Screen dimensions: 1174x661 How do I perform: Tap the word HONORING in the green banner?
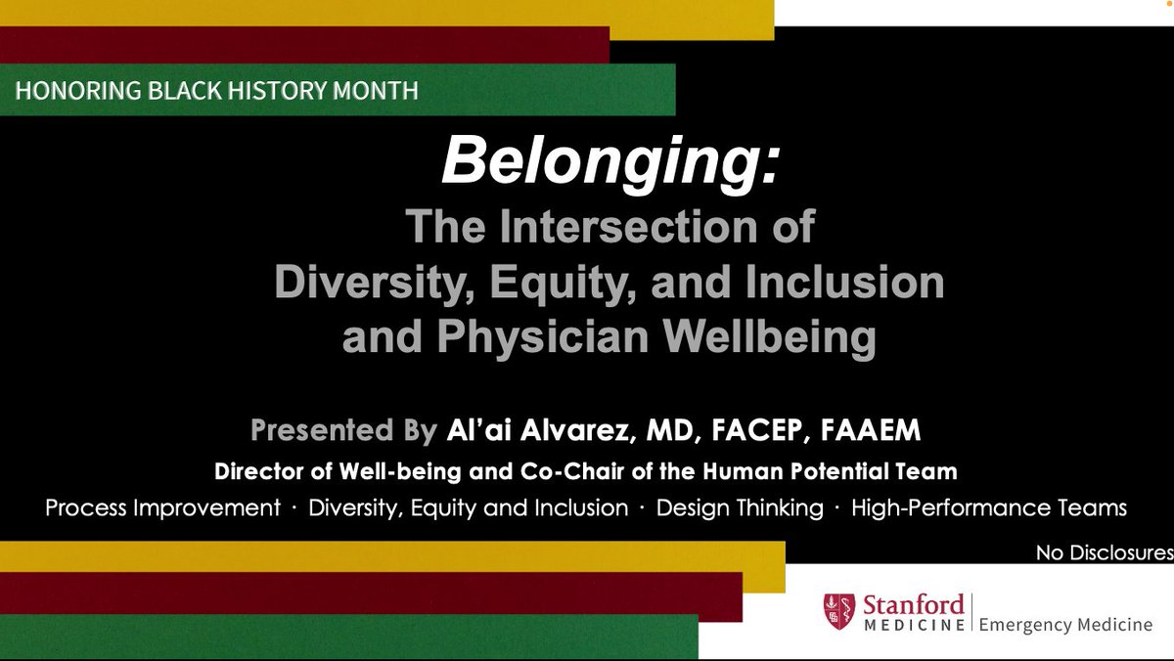click(x=78, y=91)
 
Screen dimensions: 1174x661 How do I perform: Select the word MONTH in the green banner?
click(x=376, y=91)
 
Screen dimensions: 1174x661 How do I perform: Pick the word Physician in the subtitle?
click(x=543, y=336)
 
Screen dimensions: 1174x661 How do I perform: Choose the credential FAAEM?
click(x=871, y=430)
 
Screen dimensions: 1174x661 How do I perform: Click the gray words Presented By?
click(x=343, y=430)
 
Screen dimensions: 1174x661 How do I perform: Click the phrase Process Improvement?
click(x=163, y=508)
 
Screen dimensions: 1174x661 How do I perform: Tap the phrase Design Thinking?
click(x=740, y=508)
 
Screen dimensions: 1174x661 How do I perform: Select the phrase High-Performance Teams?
click(x=988, y=508)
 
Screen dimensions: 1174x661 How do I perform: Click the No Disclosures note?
click(x=1105, y=553)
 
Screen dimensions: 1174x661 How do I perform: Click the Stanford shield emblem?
click(x=839, y=611)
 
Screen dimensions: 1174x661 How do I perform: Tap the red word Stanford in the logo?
click(x=914, y=605)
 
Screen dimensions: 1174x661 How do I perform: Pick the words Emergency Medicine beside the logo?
click(x=1065, y=625)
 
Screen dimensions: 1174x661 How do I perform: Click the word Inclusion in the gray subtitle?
click(x=845, y=282)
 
